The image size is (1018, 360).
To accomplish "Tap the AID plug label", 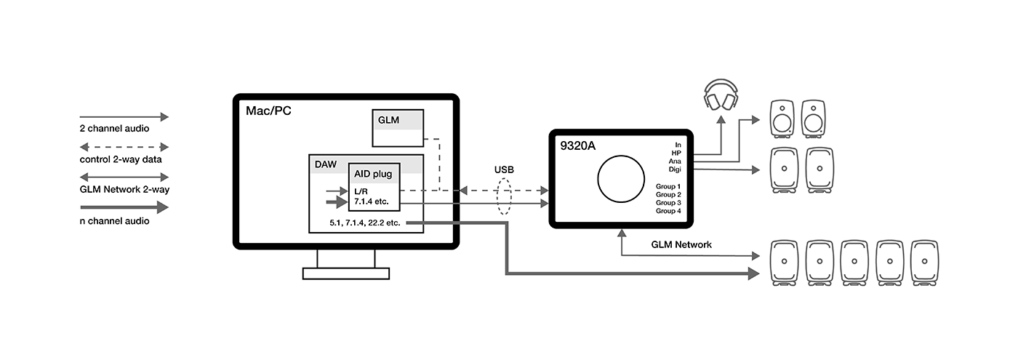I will tap(373, 175).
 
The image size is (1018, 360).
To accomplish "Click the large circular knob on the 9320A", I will tap(620, 178).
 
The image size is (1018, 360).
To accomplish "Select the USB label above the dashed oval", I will tap(504, 169).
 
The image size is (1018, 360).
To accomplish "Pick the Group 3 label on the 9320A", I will tap(668, 203).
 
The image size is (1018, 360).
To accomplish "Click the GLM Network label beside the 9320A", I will tap(681, 245).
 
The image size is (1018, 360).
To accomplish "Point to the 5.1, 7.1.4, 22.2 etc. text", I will tap(374, 223).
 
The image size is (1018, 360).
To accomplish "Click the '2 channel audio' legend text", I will tap(114, 129).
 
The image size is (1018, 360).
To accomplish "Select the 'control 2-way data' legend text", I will tap(120, 159).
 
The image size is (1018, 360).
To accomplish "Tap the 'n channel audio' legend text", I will tap(114, 221).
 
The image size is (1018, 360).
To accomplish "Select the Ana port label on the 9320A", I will tap(674, 161).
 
